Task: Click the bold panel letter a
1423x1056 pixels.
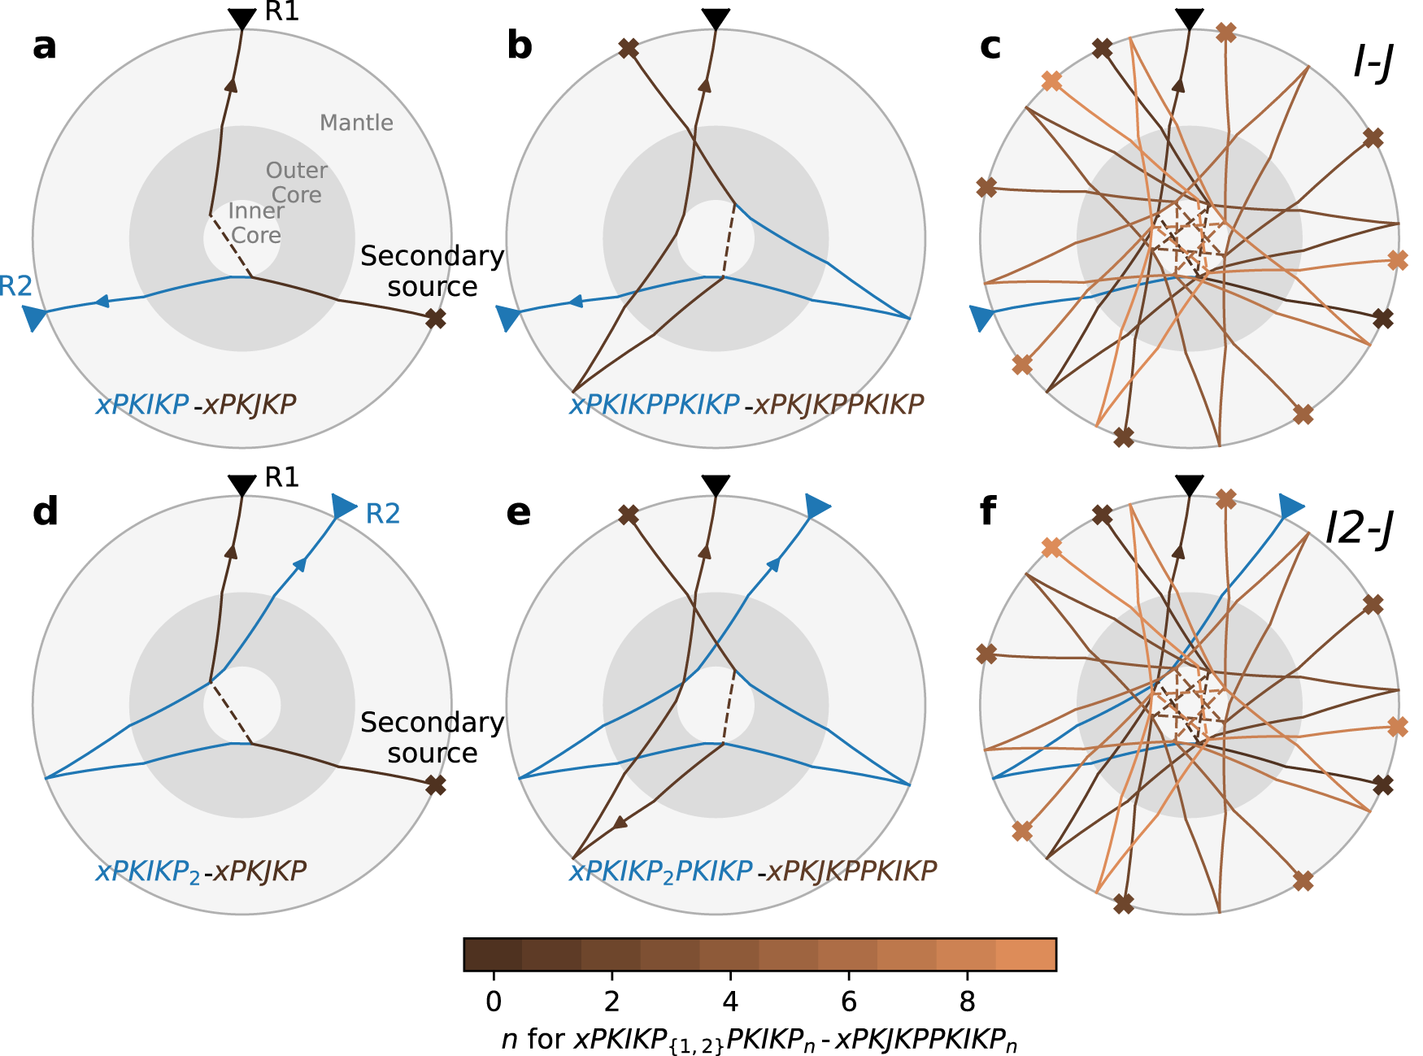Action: (45, 46)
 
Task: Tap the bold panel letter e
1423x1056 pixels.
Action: (518, 513)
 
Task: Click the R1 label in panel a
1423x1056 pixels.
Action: (282, 12)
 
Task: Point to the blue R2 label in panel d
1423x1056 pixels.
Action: (382, 514)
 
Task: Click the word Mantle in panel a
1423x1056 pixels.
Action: (356, 123)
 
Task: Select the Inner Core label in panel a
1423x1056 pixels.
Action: (255, 223)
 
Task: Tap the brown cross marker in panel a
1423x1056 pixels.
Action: (436, 319)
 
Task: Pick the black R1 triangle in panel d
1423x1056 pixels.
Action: (242, 485)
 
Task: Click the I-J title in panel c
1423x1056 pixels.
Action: (1373, 61)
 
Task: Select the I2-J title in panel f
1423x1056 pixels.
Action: (1359, 528)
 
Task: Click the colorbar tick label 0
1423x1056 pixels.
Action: (494, 1002)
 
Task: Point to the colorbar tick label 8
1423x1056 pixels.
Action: (967, 1002)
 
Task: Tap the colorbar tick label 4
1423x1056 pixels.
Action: (730, 1002)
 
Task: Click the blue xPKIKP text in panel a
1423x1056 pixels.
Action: (142, 404)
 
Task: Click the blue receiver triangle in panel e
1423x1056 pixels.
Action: (817, 506)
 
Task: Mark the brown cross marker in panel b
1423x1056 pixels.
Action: (628, 49)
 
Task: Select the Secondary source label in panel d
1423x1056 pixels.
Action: (432, 737)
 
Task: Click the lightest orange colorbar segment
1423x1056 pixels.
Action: (1026, 954)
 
